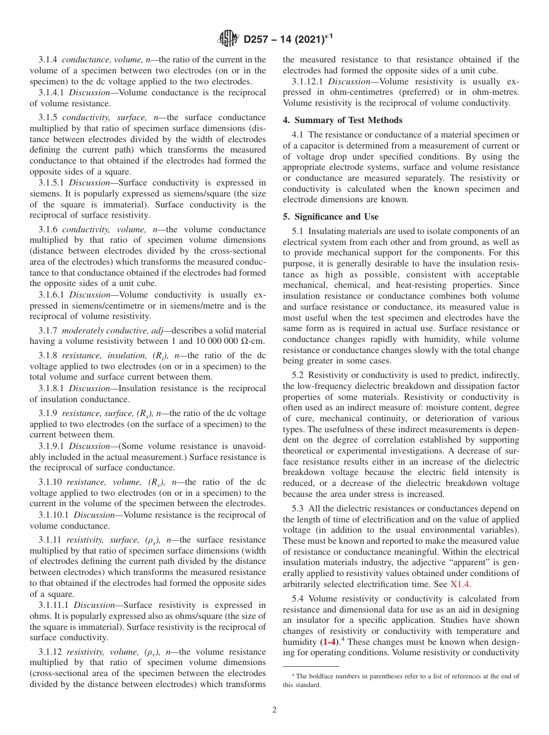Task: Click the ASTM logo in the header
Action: [229, 39]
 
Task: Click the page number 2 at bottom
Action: [274, 710]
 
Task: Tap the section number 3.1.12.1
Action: [308, 81]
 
